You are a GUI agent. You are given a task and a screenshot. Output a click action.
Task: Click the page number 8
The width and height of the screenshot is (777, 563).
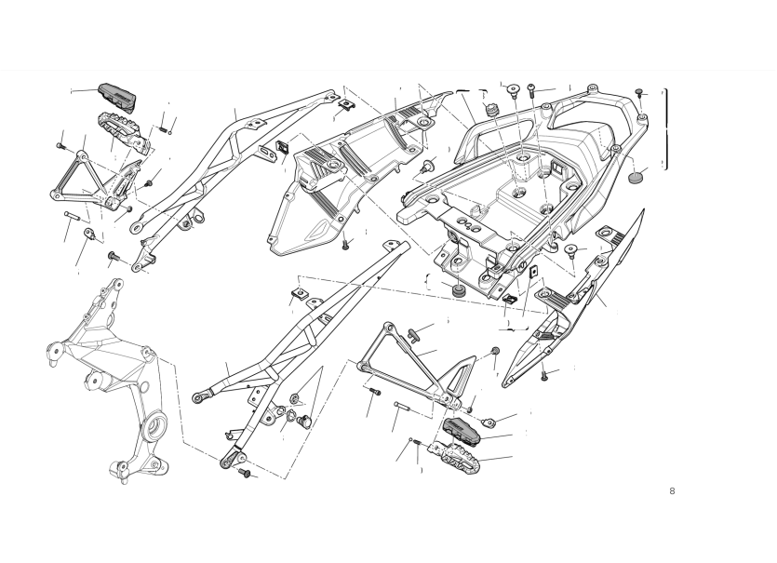[672, 490]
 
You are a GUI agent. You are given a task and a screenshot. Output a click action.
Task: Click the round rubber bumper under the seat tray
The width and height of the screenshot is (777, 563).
[457, 292]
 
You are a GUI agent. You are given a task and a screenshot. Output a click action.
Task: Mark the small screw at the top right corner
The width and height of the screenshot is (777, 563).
[639, 92]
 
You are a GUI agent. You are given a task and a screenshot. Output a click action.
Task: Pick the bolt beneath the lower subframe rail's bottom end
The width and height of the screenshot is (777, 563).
[246, 473]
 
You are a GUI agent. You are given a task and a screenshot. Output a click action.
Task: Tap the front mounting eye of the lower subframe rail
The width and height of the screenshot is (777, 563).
[199, 397]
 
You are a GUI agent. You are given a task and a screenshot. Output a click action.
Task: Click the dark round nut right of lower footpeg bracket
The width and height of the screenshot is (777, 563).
[494, 350]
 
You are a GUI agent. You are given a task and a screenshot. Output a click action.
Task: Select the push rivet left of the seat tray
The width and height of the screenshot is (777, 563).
[428, 167]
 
